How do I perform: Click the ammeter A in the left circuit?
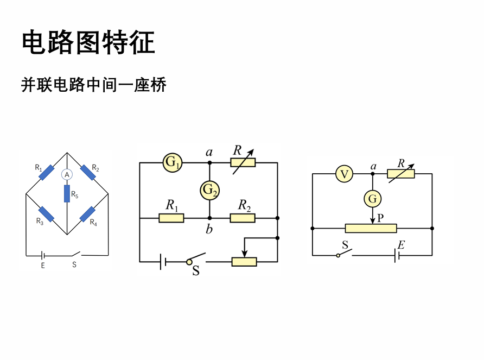point(67,174)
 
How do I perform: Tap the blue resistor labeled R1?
point(47,173)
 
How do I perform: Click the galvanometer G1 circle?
point(173,162)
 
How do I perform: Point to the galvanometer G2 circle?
point(210,190)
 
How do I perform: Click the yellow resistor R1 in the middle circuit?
point(171,218)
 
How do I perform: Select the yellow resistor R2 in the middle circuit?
point(243,218)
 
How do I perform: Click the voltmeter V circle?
point(345,174)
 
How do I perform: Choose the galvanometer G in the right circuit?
point(373,199)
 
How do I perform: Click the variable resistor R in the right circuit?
point(401,174)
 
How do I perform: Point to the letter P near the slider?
point(380,218)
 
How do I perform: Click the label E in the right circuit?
point(401,245)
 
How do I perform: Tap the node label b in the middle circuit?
point(209,229)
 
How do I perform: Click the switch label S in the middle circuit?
point(196,270)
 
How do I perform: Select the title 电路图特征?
point(88,42)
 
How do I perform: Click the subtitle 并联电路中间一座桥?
point(93,85)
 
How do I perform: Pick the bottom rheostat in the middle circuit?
point(244,262)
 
